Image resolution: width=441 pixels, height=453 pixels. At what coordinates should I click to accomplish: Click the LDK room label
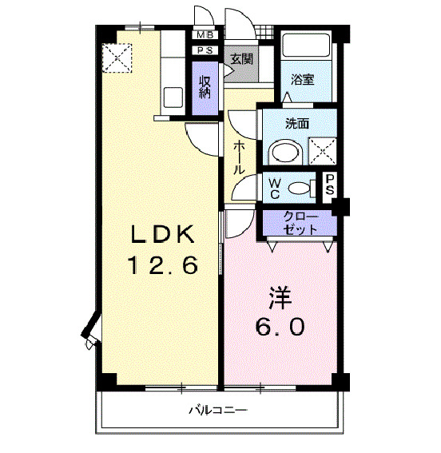coord(163,234)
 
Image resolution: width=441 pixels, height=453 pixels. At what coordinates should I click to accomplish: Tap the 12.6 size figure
coord(163,265)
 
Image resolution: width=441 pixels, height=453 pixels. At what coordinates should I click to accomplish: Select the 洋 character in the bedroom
coord(280,297)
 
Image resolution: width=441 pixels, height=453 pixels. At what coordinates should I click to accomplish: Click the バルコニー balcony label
coord(218,411)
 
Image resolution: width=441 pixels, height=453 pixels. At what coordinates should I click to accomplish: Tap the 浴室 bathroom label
coord(302,80)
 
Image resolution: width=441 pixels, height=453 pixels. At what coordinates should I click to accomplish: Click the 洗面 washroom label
coord(297,124)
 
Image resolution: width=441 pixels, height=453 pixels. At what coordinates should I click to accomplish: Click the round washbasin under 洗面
coord(281,151)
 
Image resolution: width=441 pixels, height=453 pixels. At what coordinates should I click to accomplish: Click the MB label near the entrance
coord(205,35)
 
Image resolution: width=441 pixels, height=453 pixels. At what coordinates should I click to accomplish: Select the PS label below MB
coord(205,50)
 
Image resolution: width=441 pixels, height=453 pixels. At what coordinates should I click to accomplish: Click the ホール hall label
coord(239,158)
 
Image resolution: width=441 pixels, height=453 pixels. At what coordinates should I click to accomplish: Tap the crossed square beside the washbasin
coord(321,151)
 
